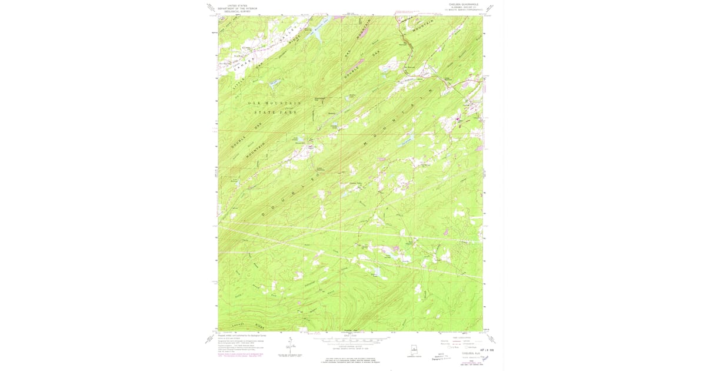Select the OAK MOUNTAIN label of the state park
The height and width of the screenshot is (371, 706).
click(x=274, y=103)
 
